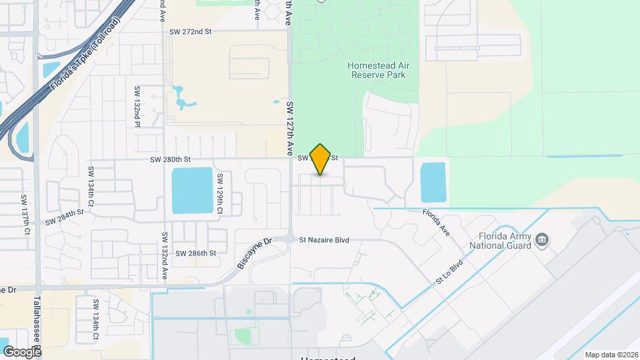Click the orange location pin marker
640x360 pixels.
321,159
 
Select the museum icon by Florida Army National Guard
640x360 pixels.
542,239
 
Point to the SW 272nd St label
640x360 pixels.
190,31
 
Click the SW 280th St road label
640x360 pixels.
171,159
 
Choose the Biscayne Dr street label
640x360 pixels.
251,255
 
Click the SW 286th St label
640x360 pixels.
196,253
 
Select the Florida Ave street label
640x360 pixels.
436,221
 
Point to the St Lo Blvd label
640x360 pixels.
449,273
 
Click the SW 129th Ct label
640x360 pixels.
219,194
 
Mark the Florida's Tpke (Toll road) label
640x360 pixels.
85,55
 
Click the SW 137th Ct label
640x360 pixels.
25,215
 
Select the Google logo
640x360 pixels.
22,351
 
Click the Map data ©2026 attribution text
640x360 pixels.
611,355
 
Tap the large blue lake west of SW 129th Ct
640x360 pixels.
192,190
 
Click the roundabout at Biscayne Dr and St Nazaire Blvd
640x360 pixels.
291,239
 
